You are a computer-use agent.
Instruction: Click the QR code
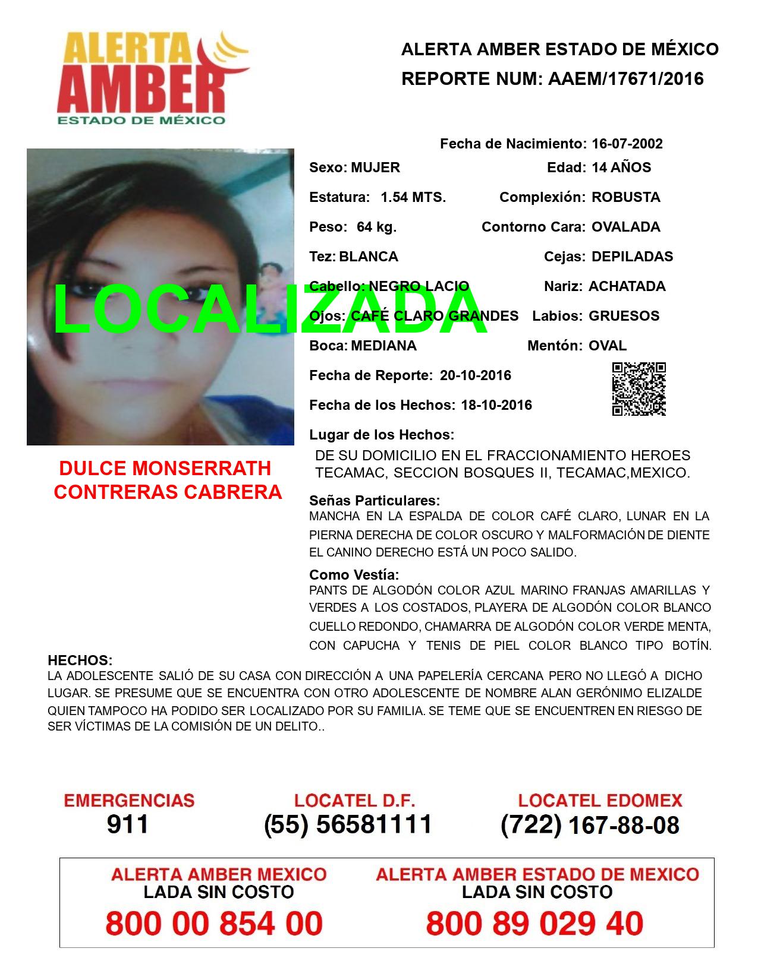tap(639, 389)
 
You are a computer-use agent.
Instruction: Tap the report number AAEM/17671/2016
tap(624, 79)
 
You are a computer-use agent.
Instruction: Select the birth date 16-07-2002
tap(627, 144)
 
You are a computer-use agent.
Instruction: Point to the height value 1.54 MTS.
tap(413, 197)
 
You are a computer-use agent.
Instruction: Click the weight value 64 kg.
tap(376, 227)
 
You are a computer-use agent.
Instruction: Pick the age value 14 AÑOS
tap(621, 167)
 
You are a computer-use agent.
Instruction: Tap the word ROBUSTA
tap(626, 197)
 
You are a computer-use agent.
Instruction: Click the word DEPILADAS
tap(633, 257)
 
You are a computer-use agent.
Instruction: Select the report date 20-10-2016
tap(476, 375)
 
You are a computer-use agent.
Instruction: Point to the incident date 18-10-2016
tap(496, 405)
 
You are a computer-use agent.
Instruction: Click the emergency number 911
tap(128, 824)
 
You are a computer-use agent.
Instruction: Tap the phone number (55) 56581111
tap(348, 824)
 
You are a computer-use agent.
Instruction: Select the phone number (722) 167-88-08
tap(590, 825)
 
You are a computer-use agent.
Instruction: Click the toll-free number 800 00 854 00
tap(214, 924)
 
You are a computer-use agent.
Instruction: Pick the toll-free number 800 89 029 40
tap(534, 924)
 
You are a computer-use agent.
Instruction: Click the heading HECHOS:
tap(80, 660)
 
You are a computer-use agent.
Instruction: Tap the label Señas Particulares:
tap(375, 500)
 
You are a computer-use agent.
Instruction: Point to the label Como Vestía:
tap(354, 574)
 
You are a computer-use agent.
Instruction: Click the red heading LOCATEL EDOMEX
tap(600, 801)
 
